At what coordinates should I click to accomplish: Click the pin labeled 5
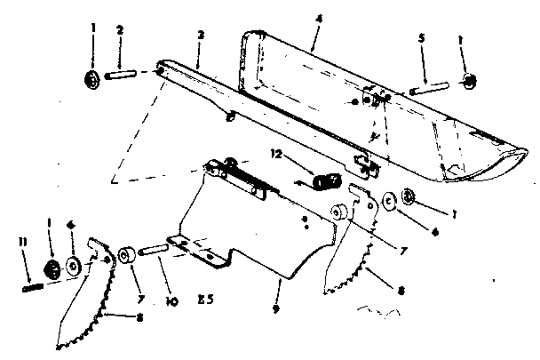pyautogui.click(x=430, y=88)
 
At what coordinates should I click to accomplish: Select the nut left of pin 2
pyautogui.click(x=92, y=79)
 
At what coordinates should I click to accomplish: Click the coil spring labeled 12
pyautogui.click(x=323, y=181)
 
